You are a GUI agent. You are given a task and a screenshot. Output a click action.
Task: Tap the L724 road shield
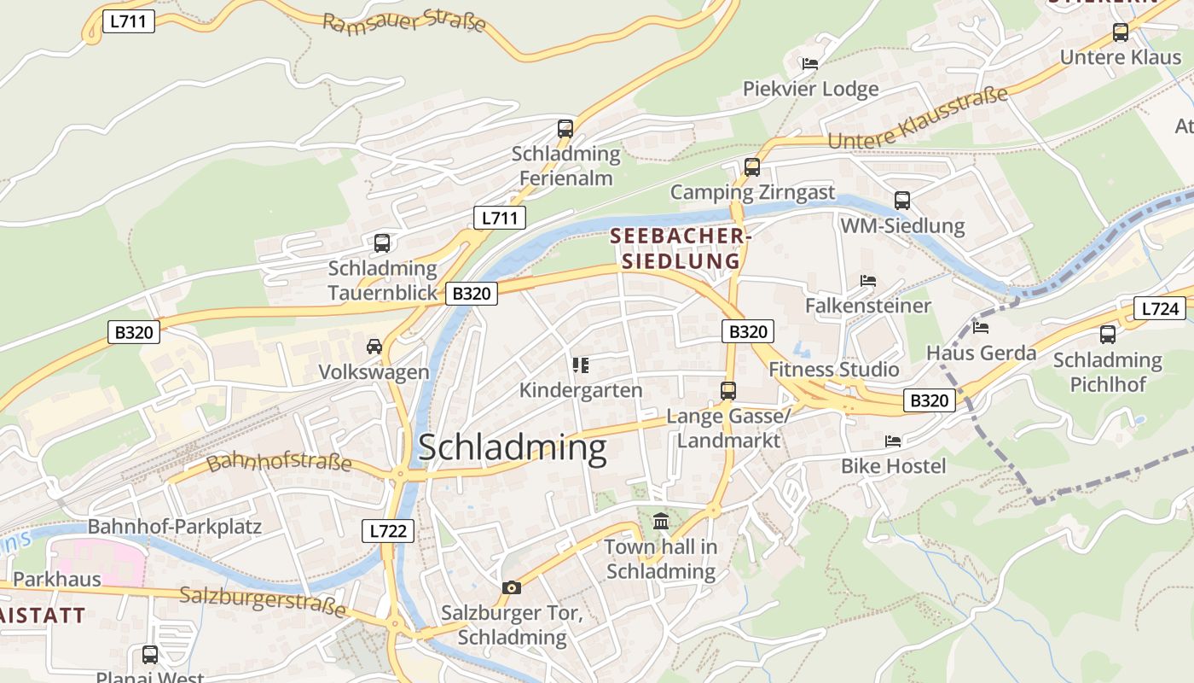click(1159, 308)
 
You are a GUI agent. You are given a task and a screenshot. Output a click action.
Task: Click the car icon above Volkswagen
click(374, 346)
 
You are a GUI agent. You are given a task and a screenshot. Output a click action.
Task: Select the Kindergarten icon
click(581, 366)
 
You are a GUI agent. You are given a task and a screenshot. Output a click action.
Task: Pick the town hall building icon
click(661, 521)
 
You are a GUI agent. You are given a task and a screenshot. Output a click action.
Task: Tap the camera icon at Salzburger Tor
click(512, 587)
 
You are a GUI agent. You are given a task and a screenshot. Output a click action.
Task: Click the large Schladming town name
click(512, 448)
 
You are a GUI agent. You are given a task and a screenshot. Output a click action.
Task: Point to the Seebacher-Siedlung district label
click(680, 248)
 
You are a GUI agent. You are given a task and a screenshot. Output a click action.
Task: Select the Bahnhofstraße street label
click(279, 463)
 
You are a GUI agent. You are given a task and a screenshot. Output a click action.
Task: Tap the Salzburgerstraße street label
click(263, 602)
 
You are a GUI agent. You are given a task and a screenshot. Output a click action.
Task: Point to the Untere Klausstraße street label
click(918, 120)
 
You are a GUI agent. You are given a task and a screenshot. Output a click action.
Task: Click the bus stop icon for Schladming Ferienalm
click(565, 129)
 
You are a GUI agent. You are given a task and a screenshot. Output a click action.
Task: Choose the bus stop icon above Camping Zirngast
click(751, 167)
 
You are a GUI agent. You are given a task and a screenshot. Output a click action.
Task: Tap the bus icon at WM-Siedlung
click(902, 201)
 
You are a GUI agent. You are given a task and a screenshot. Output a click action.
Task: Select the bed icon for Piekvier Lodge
click(809, 64)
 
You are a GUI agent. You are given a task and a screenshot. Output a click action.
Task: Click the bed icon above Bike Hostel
click(893, 441)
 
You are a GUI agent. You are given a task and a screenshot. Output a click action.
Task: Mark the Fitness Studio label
click(833, 369)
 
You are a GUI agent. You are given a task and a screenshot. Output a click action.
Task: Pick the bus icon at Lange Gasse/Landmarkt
click(727, 391)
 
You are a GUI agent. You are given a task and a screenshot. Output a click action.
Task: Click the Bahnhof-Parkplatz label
click(174, 526)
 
